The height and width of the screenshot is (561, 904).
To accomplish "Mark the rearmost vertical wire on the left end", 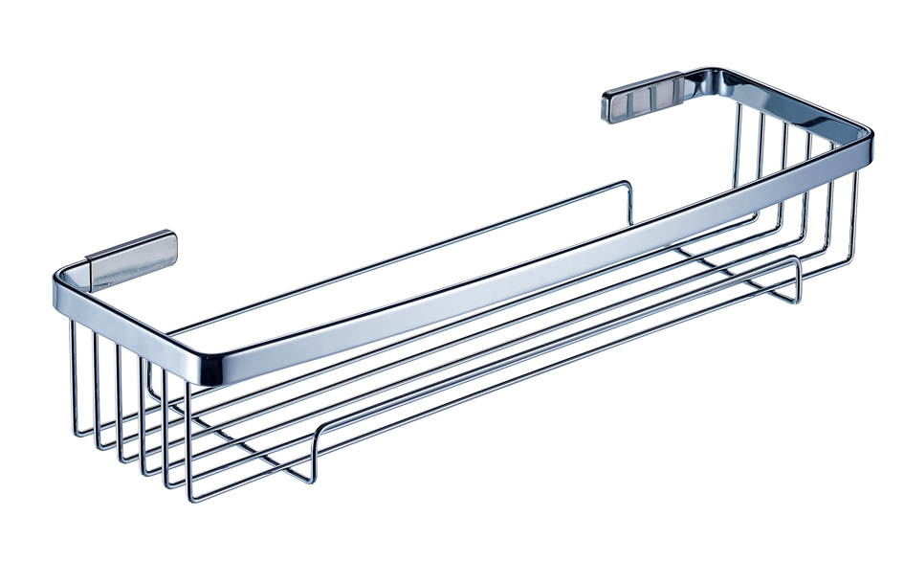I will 75,383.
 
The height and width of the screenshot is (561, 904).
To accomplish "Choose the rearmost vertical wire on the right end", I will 739,153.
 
